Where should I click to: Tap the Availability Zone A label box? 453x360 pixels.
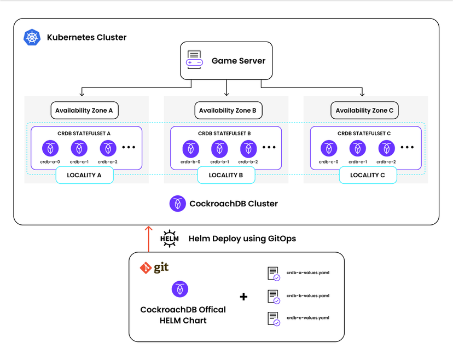84,111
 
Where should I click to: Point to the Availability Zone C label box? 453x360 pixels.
364,111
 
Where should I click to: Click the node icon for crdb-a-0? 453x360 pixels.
50,148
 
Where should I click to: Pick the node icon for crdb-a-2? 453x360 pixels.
108,148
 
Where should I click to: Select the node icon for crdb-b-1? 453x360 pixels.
219,148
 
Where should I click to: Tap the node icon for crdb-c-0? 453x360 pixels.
329,148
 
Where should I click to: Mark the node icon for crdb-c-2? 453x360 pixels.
387,148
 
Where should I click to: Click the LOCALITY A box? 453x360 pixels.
84,175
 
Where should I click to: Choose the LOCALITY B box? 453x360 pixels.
226,175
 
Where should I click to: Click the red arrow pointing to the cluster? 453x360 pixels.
148,239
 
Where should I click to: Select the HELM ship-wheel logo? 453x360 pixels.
170,239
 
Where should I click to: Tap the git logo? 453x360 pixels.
154,268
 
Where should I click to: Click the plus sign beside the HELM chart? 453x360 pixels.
243,297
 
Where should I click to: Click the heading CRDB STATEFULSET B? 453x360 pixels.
226,133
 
